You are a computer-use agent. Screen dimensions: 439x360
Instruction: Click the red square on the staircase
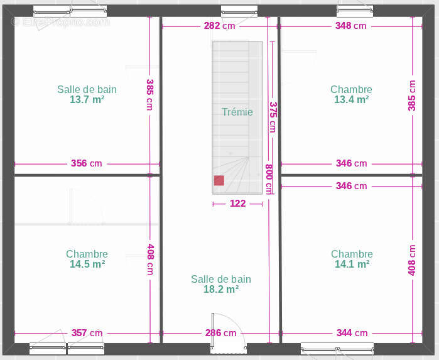tap(219, 180)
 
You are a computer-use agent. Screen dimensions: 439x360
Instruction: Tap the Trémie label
tap(237, 112)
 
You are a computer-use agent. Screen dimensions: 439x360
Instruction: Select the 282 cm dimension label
tap(220, 26)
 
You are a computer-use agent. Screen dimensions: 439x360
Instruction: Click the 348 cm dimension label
tap(351, 26)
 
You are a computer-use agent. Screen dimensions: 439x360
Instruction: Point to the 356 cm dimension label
tap(86, 163)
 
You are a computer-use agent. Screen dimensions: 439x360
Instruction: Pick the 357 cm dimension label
tap(87, 333)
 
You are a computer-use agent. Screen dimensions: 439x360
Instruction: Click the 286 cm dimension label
tap(220, 333)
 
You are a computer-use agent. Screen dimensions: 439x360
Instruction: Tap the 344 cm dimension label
tap(352, 333)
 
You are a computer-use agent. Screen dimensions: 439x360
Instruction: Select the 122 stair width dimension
tap(237, 204)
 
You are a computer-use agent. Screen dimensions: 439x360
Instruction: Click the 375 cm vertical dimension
tap(273, 117)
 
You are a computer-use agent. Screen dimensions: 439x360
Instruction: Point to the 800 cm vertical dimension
tap(269, 179)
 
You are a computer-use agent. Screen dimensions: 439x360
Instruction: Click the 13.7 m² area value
tap(87, 99)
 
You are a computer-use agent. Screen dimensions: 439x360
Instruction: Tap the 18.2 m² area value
tap(221, 289)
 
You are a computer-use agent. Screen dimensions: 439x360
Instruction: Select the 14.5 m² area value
tap(87, 264)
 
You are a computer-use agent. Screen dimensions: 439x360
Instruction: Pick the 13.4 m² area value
tap(351, 99)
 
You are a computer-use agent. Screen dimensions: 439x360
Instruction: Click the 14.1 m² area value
tap(352, 264)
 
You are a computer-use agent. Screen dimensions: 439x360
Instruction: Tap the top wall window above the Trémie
tap(239, 11)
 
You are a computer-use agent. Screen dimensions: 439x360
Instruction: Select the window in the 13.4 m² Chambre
tap(355, 11)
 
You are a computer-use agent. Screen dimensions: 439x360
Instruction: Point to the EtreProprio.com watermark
tap(60, 22)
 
